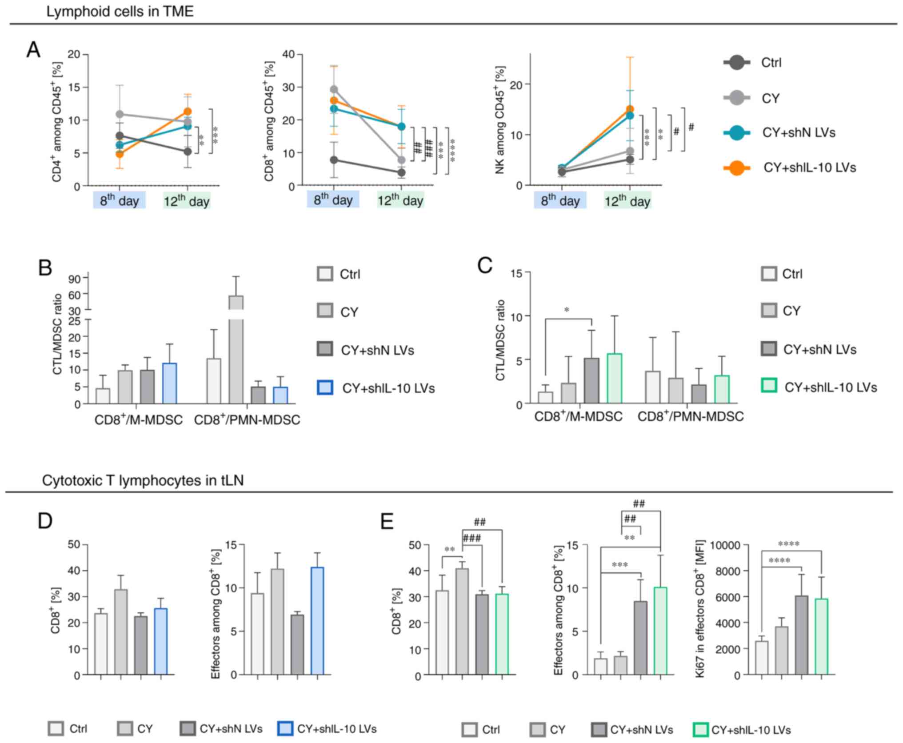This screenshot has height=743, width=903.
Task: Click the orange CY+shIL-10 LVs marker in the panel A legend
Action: [x=736, y=168]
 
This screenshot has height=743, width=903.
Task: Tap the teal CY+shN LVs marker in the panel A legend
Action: [x=736, y=133]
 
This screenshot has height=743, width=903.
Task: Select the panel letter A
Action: [x=33, y=50]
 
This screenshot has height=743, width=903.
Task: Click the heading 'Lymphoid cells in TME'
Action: [x=120, y=11]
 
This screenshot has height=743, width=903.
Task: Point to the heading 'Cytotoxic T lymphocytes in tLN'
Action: [x=143, y=480]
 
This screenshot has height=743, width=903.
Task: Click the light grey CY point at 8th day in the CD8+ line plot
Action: [x=334, y=90]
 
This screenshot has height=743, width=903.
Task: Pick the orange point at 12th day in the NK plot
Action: [x=630, y=109]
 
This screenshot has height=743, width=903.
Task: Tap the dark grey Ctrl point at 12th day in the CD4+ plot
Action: [x=188, y=152]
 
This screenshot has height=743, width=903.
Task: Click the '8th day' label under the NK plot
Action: [x=560, y=200]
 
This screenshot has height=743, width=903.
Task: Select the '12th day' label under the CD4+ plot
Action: [x=187, y=200]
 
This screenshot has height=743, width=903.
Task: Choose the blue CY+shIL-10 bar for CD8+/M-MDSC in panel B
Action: [x=169, y=383]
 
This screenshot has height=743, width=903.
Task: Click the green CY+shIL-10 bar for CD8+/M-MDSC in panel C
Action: [x=614, y=378]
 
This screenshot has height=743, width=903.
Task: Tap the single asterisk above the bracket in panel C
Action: [x=567, y=310]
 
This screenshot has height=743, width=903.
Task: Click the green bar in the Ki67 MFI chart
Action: [x=821, y=636]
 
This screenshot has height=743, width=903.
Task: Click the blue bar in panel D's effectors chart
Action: [x=317, y=620]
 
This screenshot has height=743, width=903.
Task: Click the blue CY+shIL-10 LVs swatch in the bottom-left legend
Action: [x=285, y=729]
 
